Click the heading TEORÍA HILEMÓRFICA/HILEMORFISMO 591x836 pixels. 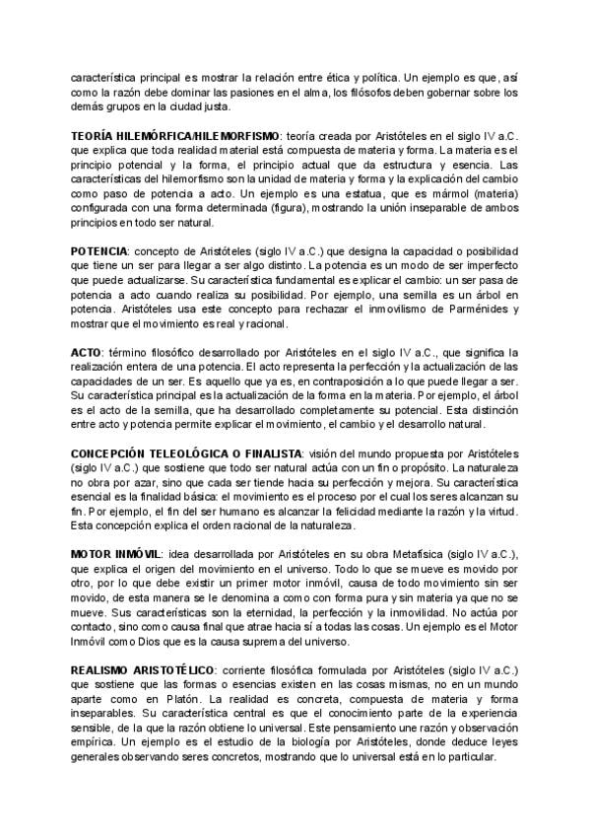coord(160,135)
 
